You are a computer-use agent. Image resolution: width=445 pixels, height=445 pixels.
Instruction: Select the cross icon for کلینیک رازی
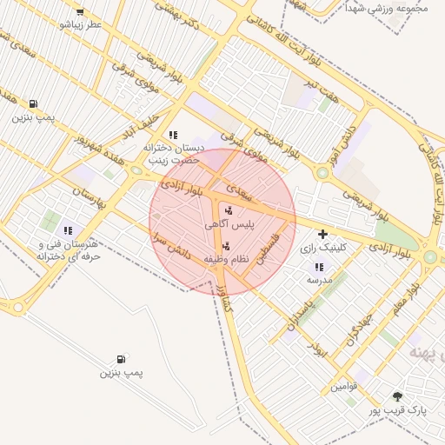323,234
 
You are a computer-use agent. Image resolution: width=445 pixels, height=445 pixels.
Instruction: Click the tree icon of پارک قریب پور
397,395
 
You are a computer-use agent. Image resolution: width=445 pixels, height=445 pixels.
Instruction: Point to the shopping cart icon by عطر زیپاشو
80,11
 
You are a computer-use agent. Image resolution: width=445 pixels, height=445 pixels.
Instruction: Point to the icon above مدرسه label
318,266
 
